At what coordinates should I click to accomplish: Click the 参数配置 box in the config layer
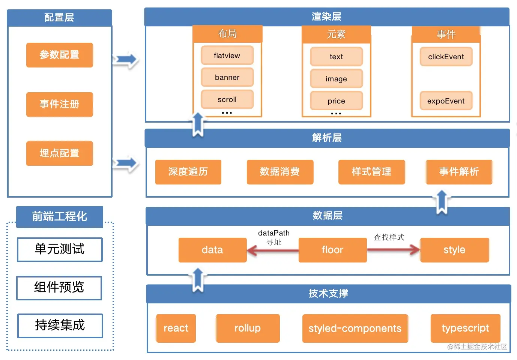click(59, 55)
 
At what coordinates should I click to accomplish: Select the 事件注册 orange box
click(59, 104)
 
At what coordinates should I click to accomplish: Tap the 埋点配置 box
click(59, 153)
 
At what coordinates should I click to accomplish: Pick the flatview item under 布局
click(227, 55)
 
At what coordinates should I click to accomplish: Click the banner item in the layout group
click(227, 77)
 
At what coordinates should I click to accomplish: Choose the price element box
click(336, 101)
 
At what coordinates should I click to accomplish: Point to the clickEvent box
click(446, 57)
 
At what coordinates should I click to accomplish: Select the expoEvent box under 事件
click(446, 101)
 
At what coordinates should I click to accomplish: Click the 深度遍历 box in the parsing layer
click(188, 172)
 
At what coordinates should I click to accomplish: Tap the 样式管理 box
click(371, 172)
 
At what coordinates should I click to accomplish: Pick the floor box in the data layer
click(332, 250)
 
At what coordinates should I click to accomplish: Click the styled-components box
click(355, 328)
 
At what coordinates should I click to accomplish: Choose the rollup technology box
click(248, 328)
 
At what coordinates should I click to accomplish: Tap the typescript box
click(465, 328)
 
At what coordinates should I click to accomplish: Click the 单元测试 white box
click(60, 249)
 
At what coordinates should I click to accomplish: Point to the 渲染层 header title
click(326, 16)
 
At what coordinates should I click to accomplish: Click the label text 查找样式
click(389, 237)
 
